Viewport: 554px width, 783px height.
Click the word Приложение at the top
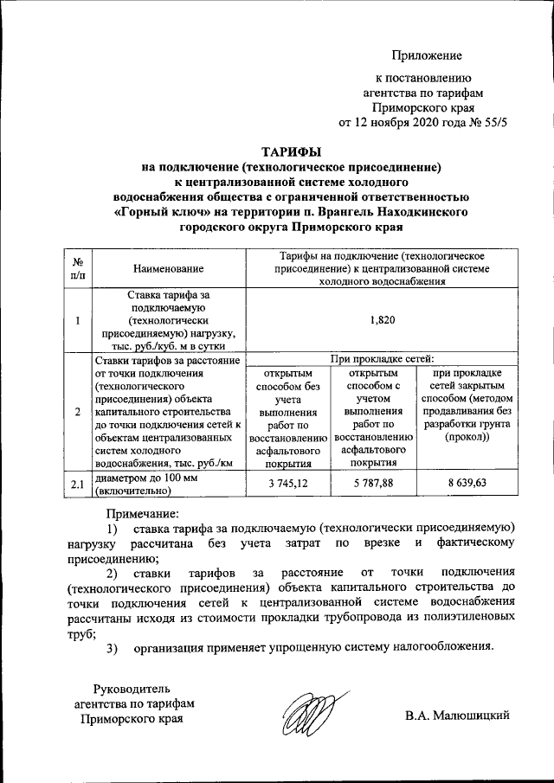tap(427, 56)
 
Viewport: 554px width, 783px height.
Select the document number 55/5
tap(488, 124)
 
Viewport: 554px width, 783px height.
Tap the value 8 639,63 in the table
tap(467, 483)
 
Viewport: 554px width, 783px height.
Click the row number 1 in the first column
tap(78, 321)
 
